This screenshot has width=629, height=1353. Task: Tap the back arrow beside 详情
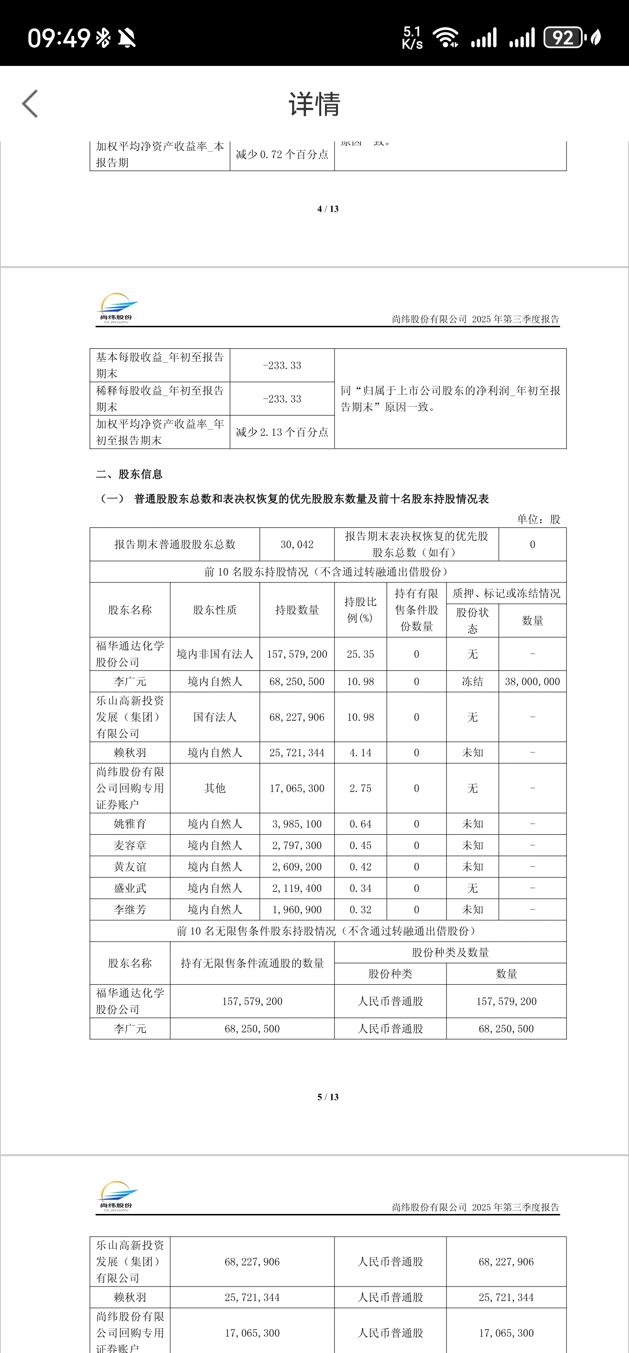coord(31,104)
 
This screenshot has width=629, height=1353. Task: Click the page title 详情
coord(314,104)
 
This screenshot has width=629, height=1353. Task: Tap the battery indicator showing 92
coord(563,38)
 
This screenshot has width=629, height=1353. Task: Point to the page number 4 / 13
coord(328,209)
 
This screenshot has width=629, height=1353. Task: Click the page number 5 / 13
coord(328,1097)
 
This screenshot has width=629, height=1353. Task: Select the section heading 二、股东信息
coord(129,474)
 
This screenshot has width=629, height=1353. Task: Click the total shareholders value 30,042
coord(297,545)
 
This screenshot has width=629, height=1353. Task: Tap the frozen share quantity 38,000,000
coord(532,682)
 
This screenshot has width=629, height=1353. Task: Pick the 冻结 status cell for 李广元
coord(472,682)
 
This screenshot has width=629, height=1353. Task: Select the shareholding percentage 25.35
coord(360,655)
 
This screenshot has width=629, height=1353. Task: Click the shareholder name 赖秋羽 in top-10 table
coord(130,752)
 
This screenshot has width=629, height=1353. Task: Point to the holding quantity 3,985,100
coord(297,824)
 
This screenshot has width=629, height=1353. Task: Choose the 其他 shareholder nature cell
coord(215,788)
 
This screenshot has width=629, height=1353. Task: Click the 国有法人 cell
coord(215,718)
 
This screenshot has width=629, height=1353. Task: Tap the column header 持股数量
coord(297,610)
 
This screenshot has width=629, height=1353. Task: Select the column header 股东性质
coord(215,610)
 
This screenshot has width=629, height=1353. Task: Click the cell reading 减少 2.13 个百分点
coord(282,432)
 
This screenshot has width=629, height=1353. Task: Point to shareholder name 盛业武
coord(130,888)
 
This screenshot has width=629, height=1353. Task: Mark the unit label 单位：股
coord(539,519)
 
